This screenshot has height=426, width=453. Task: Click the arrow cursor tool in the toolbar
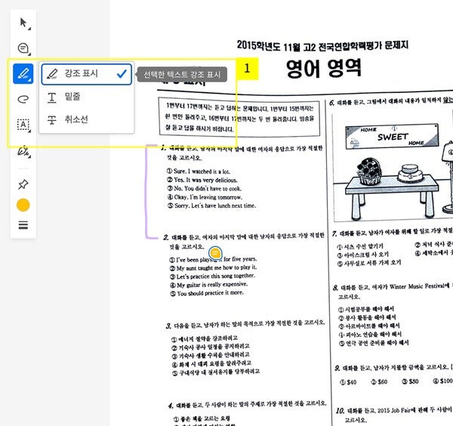(x=23, y=23)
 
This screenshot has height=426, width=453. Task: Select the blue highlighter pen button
(x=23, y=74)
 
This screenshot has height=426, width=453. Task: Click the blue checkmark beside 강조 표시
(x=121, y=74)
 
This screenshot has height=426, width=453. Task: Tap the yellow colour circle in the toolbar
(x=23, y=205)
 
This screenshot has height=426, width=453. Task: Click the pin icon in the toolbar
(x=23, y=184)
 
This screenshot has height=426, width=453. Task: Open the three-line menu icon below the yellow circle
(x=23, y=225)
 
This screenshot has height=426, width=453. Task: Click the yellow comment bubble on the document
(x=215, y=252)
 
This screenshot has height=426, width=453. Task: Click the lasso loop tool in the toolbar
(x=23, y=99)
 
